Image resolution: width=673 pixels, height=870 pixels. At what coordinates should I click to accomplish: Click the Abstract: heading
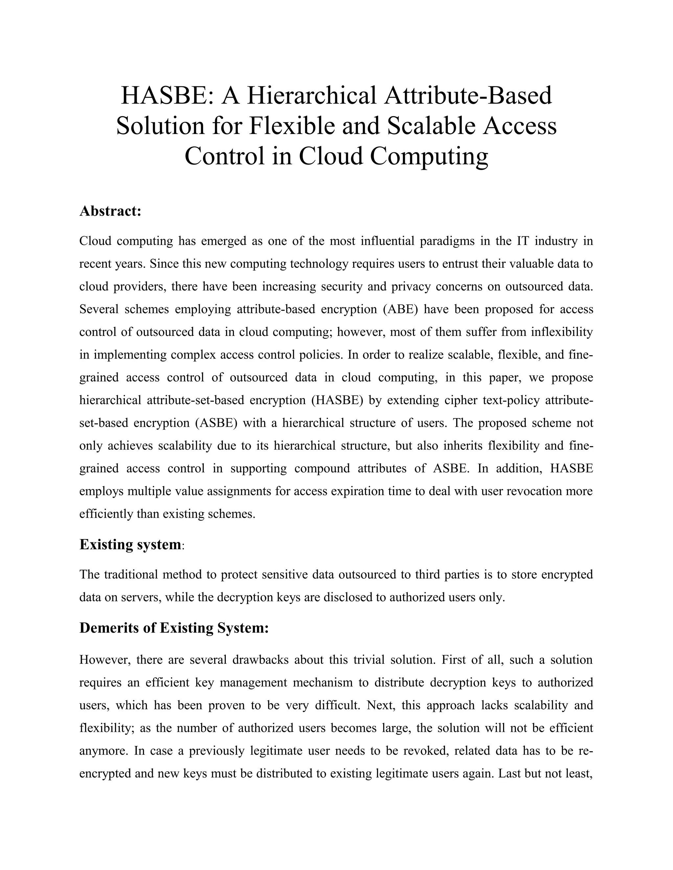pyautogui.click(x=110, y=211)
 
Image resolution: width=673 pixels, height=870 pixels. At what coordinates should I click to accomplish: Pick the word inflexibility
pyautogui.click(x=562, y=332)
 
